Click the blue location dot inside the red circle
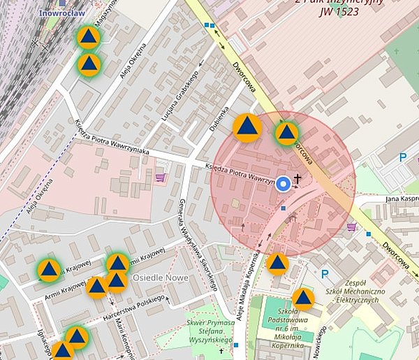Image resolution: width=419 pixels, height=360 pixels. coord(283,184)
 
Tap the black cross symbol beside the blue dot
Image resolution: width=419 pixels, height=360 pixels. coord(297,180)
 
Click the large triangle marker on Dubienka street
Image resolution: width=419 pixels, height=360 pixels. coord(247,127)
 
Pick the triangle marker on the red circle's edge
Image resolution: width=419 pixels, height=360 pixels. coord(286,132)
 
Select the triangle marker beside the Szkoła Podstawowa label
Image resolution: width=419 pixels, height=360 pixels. coord(303,298)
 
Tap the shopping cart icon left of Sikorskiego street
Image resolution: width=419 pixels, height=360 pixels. coord(161,178)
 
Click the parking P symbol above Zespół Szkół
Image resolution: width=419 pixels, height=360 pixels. coord(323,274)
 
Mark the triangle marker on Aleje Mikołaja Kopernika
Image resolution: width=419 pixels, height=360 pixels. coord(277,264)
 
